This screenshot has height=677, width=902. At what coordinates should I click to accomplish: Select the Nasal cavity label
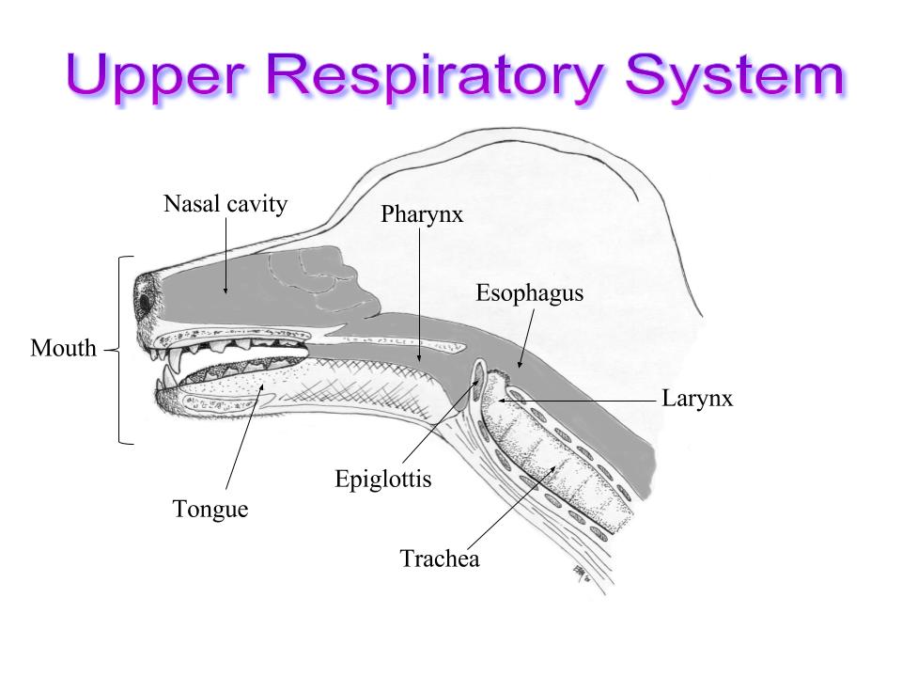225,204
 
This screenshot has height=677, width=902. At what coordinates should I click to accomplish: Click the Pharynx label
422,214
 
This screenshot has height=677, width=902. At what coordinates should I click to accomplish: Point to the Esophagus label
529,293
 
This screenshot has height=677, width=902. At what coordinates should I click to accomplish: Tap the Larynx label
697,399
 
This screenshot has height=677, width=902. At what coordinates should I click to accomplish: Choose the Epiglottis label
383,480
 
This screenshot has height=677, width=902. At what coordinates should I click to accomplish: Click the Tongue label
210,510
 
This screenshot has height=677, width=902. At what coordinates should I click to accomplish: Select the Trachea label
440,559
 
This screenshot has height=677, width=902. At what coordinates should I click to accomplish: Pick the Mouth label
63,348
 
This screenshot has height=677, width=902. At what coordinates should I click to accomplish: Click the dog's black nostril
145,302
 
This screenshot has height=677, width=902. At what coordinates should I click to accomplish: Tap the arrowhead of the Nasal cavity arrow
225,290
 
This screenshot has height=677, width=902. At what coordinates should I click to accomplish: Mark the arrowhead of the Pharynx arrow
419,357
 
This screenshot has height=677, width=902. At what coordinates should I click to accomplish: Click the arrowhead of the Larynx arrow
502,401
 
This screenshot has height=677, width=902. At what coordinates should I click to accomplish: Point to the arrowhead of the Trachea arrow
553,468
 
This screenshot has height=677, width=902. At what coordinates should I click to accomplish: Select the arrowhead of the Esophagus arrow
520,364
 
